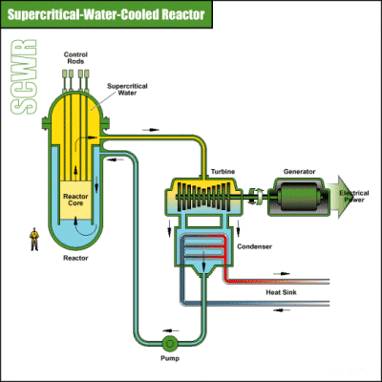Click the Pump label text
(170, 358)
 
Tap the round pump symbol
(170, 344)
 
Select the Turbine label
(223, 172)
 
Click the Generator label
(299, 172)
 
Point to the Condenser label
(254, 246)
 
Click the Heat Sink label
(281, 292)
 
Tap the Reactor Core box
(75, 200)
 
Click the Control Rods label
(75, 58)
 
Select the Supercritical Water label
(127, 90)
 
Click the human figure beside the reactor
(34, 239)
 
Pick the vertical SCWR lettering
(24, 77)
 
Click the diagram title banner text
(106, 14)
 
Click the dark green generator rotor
(299, 197)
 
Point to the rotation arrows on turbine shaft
(257, 195)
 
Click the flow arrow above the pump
(170, 330)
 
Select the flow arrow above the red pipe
(282, 273)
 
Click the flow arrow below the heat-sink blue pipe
(282, 310)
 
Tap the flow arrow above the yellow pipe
(151, 130)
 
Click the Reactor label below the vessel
(75, 258)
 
